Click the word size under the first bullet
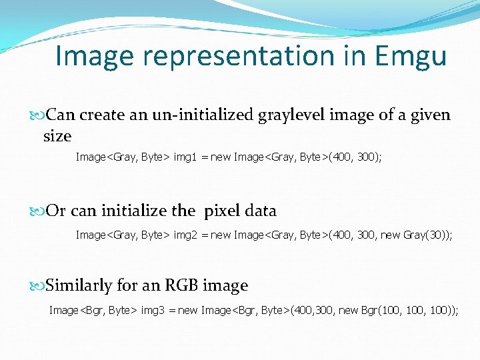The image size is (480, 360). click(57, 136)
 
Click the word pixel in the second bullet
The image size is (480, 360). click(223, 211)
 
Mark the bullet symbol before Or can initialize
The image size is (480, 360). click(38, 211)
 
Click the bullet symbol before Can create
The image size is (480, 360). click(38, 115)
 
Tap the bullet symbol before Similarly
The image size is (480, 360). click(38, 286)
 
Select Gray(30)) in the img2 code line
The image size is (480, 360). click(428, 235)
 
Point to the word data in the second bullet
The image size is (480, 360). click(260, 211)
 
